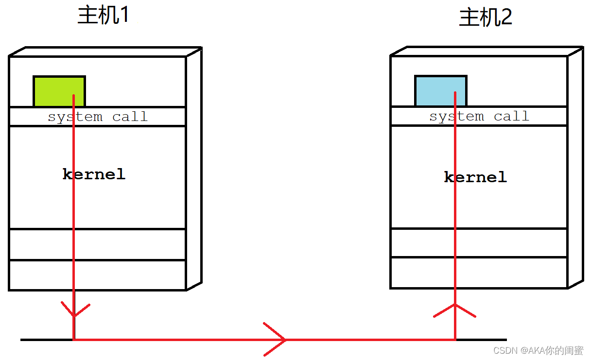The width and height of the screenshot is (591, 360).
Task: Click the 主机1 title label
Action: [104, 15]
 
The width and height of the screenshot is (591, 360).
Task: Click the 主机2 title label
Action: [486, 17]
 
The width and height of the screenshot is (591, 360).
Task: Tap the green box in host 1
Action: [59, 91]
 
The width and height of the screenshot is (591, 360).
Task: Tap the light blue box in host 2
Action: [441, 91]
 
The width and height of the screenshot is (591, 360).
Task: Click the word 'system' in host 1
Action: [75, 117]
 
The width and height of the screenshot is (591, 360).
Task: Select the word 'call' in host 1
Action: [130, 116]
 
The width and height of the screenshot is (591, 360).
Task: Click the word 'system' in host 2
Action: [457, 116]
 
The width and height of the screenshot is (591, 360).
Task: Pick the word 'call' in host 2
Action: [511, 116]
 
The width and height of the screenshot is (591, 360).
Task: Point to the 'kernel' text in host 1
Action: [94, 174]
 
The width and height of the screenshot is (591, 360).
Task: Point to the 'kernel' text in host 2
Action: [475, 177]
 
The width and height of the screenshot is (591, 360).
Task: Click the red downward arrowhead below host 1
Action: [75, 309]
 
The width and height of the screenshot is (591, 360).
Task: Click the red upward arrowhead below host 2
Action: [455, 310]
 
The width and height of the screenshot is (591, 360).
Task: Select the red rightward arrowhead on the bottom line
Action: [275, 340]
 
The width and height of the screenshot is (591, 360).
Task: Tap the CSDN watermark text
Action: [538, 350]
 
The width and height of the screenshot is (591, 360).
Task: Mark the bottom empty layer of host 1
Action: [98, 275]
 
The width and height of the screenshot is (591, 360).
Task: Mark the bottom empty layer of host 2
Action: [479, 273]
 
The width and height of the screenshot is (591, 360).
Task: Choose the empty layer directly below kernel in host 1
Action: [98, 244]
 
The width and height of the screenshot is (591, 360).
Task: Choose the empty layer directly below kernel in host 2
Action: [479, 242]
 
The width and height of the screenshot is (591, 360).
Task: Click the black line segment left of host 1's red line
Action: [47, 340]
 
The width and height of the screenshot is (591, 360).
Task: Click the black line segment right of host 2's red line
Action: [482, 340]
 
